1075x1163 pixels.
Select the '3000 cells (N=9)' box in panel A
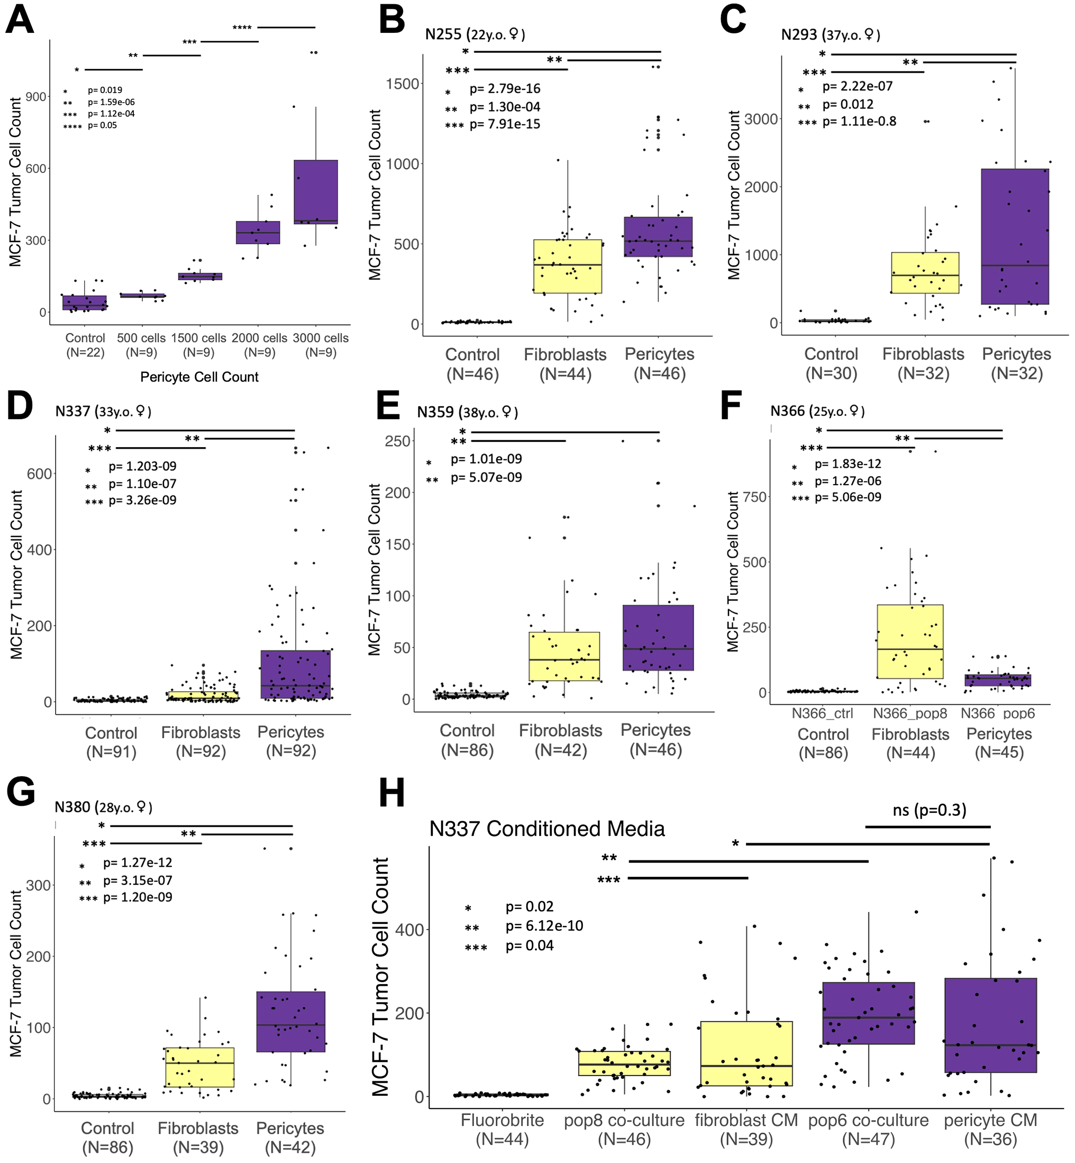coord(315,192)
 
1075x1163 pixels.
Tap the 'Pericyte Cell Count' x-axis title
coord(199,377)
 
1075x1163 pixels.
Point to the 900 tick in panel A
coord(36,97)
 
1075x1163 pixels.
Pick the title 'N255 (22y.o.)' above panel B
coord(474,34)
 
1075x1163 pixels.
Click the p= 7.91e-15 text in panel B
coord(504,124)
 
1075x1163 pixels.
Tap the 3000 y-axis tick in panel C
coord(761,119)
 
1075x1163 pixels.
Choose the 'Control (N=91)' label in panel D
coord(111,742)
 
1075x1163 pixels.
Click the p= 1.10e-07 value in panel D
coord(142,484)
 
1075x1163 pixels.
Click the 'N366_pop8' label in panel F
coord(910,713)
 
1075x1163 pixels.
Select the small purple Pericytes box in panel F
coord(998,679)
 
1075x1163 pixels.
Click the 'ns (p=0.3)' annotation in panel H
coord(929,810)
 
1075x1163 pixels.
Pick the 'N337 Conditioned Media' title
coord(547,829)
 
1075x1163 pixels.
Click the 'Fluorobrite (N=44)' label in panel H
coord(502,1129)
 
